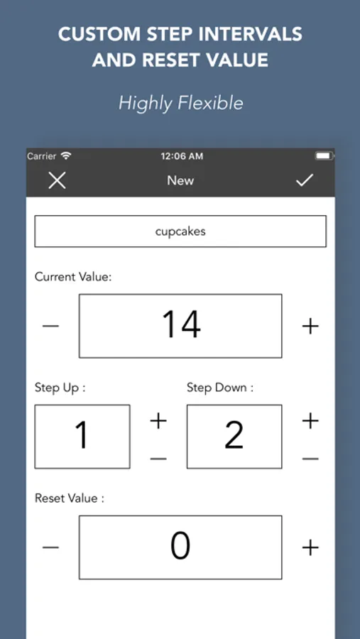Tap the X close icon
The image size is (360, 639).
(57, 180)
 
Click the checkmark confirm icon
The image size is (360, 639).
(305, 180)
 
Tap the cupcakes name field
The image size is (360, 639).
(180, 231)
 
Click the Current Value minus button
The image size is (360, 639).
(50, 326)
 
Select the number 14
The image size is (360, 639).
(181, 324)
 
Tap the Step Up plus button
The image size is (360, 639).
(158, 421)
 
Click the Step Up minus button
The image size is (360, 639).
(158, 459)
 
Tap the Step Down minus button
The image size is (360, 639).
(310, 459)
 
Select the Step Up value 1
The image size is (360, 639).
(82, 435)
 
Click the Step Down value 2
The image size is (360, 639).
(234, 435)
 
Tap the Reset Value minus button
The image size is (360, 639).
(50, 547)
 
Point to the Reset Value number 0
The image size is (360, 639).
(180, 547)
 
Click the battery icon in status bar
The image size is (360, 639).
(324, 156)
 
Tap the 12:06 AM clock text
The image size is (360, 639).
(182, 156)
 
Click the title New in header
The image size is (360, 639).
(180, 180)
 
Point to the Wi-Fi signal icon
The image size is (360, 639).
(66, 155)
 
